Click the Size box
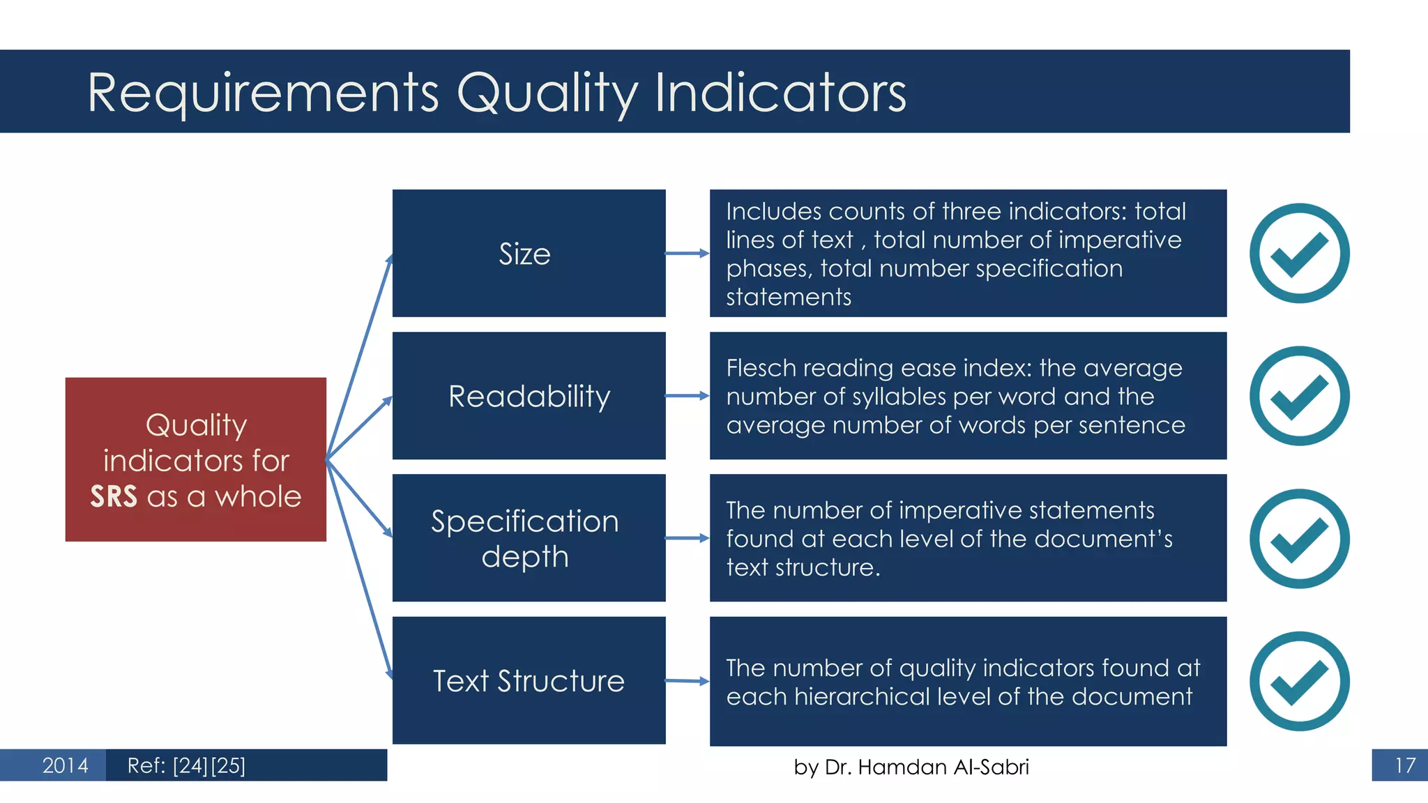pos(529,253)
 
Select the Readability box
pos(529,395)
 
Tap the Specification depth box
pos(529,537)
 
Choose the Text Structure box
pos(529,680)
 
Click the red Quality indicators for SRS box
pos(195,459)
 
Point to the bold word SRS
pos(114,497)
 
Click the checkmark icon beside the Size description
pos(1299,253)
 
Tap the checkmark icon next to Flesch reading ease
pos(1299,395)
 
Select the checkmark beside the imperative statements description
pos(1299,538)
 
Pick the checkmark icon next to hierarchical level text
pos(1299,681)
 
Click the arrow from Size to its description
pos(688,254)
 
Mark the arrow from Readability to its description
pos(688,396)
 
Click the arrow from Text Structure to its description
pos(688,681)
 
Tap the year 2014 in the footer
pos(65,765)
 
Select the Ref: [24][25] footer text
pos(186,765)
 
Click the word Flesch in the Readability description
pos(761,367)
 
